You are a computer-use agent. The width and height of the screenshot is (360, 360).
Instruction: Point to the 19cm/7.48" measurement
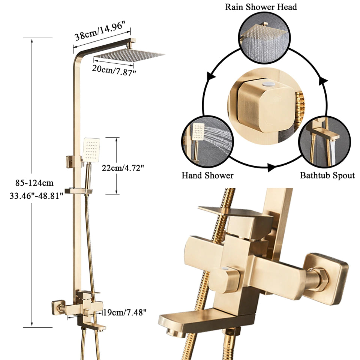(125, 311)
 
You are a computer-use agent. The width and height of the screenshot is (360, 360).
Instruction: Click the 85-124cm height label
(34, 183)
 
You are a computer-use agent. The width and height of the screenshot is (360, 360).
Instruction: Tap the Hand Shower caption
(207, 175)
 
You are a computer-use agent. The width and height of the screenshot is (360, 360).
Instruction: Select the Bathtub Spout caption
(327, 175)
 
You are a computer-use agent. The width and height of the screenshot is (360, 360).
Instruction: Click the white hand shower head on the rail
(91, 150)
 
